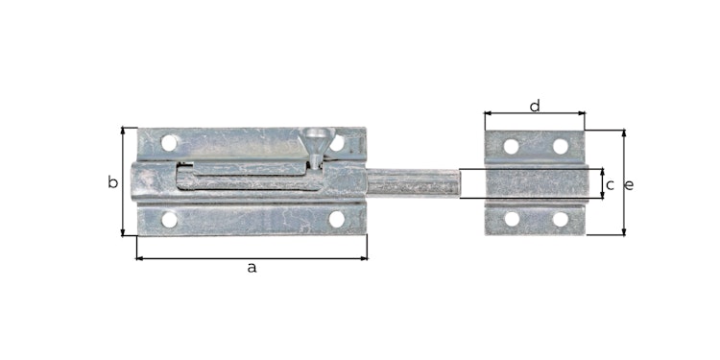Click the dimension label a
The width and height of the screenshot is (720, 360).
click(252, 268)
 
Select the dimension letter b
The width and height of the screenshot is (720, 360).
click(112, 182)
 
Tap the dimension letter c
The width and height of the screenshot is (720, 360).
click(610, 183)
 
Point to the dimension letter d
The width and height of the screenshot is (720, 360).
click(535, 106)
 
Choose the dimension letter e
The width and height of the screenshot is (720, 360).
click(630, 184)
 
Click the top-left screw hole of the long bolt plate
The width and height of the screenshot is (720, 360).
click(169, 143)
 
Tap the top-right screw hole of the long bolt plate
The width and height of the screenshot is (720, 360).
click(337, 143)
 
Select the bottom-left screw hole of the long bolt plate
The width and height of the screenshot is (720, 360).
click(169, 219)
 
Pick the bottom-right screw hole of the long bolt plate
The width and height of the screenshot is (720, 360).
click(337, 219)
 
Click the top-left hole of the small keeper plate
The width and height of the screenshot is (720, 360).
click(511, 147)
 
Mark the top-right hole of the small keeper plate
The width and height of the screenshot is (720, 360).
click(561, 147)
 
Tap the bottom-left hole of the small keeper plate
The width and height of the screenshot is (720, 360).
click(511, 219)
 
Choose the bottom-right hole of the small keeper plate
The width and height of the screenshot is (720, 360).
click(561, 219)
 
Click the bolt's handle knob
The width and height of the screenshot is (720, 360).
click(314, 141)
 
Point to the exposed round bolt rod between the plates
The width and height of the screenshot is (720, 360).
click(413, 182)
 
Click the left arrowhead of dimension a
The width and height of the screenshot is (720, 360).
click(139, 257)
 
